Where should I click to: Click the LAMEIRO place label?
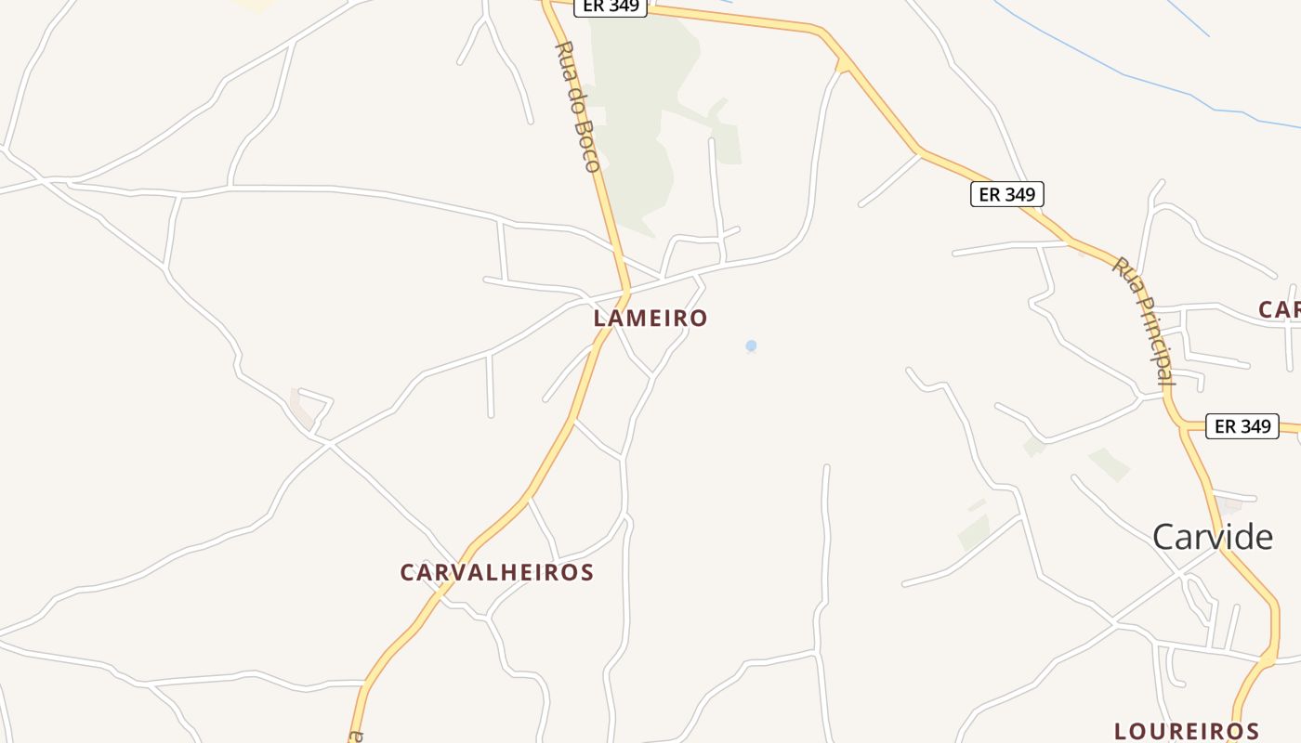pos(650,318)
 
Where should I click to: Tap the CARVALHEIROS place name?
pos(496,572)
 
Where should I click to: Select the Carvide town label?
pos(1213,537)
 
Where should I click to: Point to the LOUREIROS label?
pos(1187,731)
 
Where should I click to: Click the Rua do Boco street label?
pos(577,106)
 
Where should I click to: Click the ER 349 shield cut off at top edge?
pos(610,7)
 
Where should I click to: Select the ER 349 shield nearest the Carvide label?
pos(1242,426)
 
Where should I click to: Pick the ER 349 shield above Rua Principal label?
pos(1007,194)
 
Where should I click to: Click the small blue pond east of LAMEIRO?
pos(751,345)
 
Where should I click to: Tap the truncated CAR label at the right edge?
pos(1280,309)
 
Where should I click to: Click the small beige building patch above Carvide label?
pos(1231,506)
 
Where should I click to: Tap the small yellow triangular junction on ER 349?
pos(844,65)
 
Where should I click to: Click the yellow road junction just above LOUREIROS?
pos(1268,658)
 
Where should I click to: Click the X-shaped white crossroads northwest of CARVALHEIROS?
pos(330,445)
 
